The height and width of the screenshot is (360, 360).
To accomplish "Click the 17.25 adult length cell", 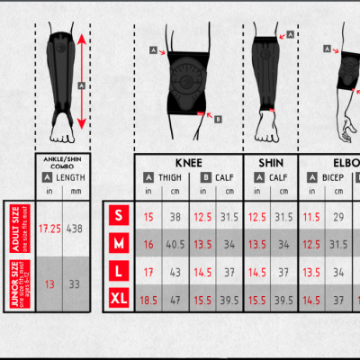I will [x=49, y=229].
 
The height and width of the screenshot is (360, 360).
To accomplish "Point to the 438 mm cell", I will [x=76, y=229].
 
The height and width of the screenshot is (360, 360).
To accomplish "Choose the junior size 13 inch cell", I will [x=49, y=284].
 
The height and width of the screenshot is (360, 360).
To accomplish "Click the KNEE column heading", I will [x=189, y=163].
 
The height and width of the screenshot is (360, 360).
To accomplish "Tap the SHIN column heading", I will [x=271, y=163].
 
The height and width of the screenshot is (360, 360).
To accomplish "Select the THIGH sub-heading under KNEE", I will [x=170, y=177].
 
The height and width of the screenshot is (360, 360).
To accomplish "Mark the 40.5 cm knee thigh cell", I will [x=176, y=244].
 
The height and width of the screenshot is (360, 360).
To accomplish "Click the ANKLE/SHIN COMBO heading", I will [x=62, y=163].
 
